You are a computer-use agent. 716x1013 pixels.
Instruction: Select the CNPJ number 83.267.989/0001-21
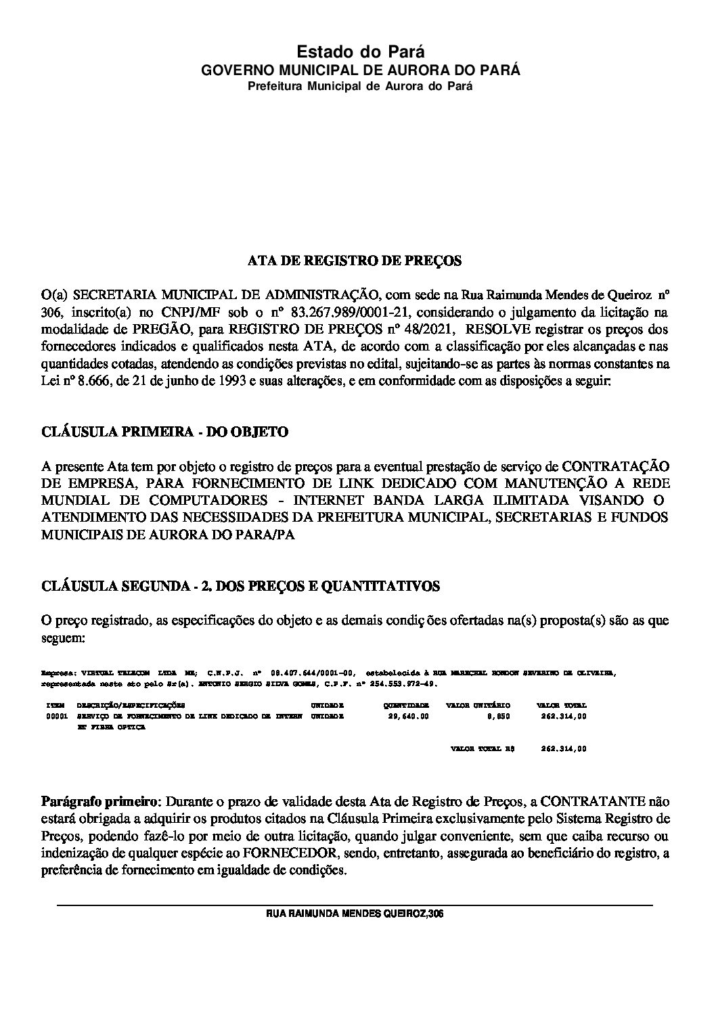click(x=339, y=312)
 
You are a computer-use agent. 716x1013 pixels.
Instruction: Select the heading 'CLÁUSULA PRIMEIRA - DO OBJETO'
click(x=164, y=432)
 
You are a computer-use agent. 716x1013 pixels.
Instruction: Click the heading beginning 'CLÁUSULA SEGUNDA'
click(x=240, y=586)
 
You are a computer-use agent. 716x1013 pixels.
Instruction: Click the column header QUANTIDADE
click(x=409, y=706)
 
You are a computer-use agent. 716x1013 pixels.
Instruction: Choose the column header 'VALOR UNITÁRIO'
click(x=478, y=706)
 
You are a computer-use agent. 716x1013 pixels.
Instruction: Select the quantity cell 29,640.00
click(x=409, y=716)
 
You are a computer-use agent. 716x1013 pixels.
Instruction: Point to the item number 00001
click(x=56, y=716)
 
